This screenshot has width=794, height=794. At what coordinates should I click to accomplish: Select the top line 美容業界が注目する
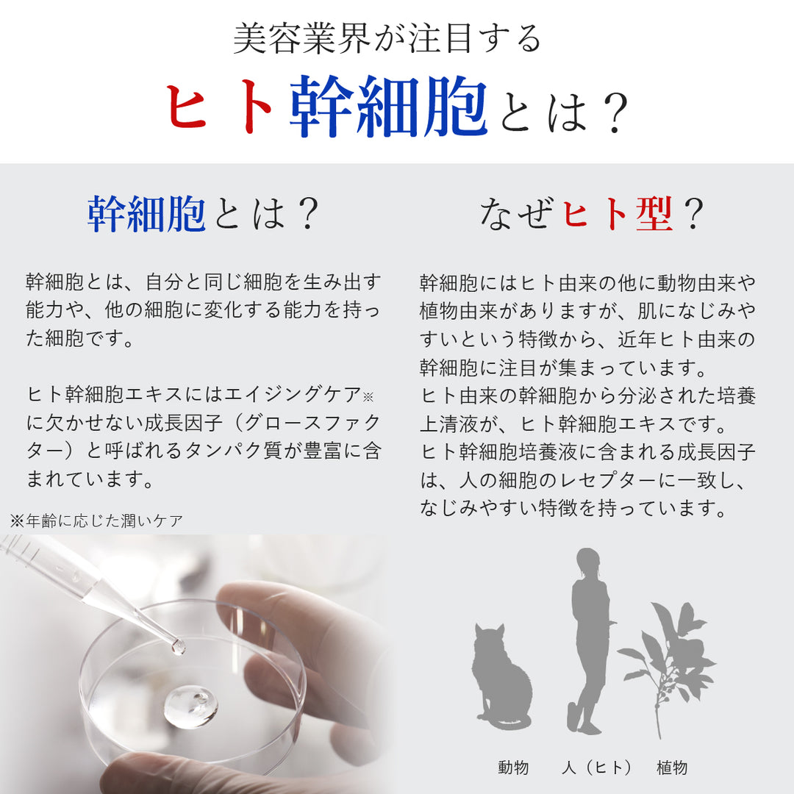(387, 39)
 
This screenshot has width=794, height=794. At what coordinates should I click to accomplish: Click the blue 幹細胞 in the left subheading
(146, 214)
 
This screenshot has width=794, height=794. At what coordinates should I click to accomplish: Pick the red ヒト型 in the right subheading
(618, 214)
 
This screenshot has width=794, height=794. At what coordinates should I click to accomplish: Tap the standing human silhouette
(590, 640)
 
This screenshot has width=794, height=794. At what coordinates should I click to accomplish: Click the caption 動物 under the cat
(513, 768)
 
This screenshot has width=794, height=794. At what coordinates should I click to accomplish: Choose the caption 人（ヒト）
(596, 768)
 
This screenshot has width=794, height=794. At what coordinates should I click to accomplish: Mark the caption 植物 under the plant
(672, 768)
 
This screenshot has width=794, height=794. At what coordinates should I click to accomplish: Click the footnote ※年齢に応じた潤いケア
(96, 521)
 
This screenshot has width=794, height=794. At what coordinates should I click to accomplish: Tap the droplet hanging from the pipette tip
(177, 646)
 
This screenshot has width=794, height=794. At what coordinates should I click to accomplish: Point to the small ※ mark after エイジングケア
(368, 396)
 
